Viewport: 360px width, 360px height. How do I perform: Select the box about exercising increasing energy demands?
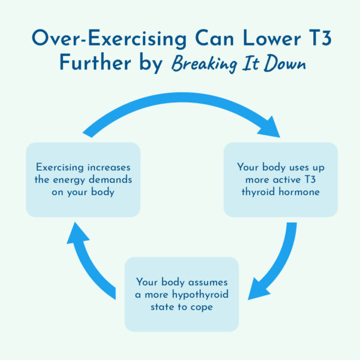pyautogui.click(x=83, y=179)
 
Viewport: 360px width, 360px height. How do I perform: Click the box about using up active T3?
pyautogui.click(x=280, y=179)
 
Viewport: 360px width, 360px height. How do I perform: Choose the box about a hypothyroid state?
pyautogui.click(x=181, y=294)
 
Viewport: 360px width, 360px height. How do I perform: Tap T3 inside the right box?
pyautogui.click(x=308, y=179)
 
